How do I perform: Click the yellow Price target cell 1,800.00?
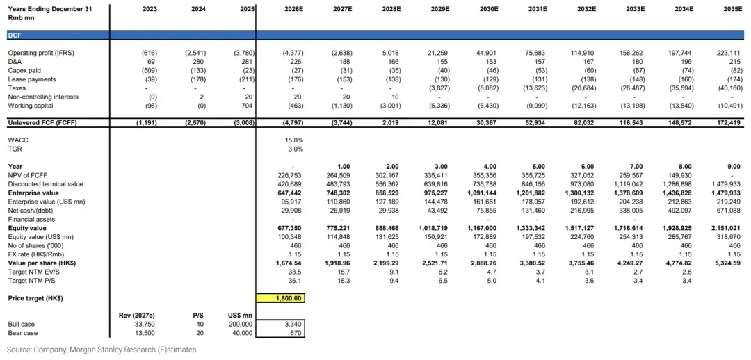tap(281, 298)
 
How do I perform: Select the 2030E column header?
tap(490, 8)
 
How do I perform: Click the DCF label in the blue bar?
tap(15, 35)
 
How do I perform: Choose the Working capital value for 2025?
tap(246, 106)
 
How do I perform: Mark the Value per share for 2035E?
tap(725, 263)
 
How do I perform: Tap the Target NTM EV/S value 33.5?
tap(297, 272)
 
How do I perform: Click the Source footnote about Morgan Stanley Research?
tap(102, 350)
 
